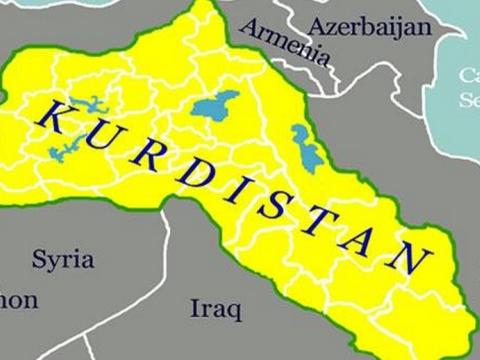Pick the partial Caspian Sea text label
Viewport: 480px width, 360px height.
468,87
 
